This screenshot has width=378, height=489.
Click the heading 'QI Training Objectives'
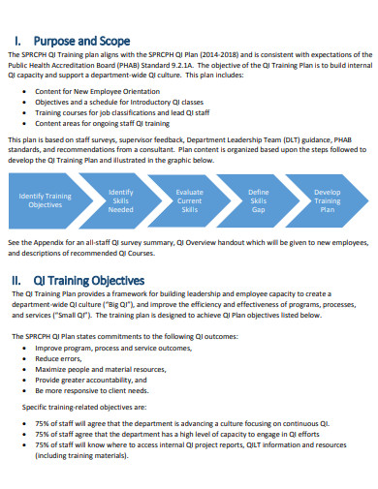click(89, 281)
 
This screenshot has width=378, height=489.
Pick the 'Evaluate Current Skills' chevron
click(190, 200)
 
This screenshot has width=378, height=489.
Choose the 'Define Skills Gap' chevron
click(259, 200)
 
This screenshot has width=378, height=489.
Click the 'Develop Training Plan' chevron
click(328, 200)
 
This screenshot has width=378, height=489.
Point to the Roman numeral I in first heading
click(20, 41)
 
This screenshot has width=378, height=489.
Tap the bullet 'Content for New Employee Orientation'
click(97, 90)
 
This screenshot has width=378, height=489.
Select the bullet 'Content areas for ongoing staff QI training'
click(103, 124)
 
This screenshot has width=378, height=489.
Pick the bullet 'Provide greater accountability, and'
click(95, 380)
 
